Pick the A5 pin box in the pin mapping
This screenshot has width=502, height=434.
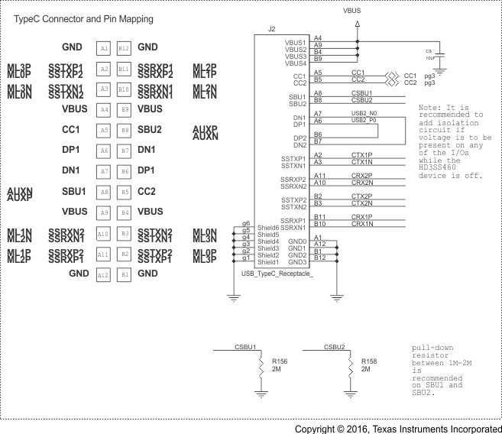click(x=105, y=131)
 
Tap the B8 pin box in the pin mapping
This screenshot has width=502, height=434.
click(x=124, y=131)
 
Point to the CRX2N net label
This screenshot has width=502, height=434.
click(x=361, y=183)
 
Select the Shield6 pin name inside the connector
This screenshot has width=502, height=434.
click(x=267, y=227)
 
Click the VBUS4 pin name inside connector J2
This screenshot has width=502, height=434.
click(x=295, y=63)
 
